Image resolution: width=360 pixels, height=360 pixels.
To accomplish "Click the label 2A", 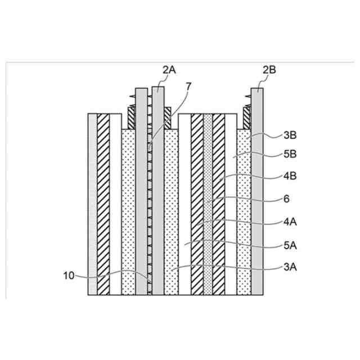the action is (x=169, y=69).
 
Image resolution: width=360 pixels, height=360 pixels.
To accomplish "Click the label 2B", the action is (x=269, y=69).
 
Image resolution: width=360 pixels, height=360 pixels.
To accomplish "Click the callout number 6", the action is (x=287, y=199).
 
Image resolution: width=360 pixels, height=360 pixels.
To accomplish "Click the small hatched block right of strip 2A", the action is (x=167, y=118).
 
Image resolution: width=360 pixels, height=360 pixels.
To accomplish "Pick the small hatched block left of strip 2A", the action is (x=131, y=118).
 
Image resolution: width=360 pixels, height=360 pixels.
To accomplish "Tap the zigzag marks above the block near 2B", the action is (x=246, y=105).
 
